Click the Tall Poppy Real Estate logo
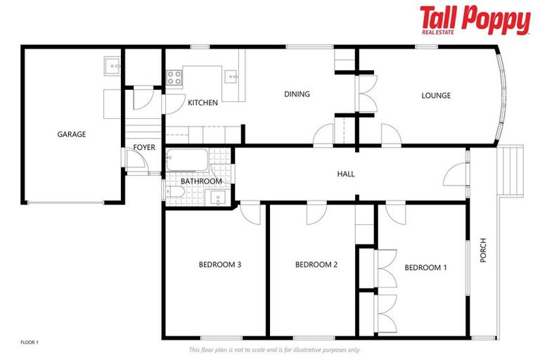pyautogui.click(x=475, y=20)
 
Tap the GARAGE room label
pyautogui.click(x=71, y=134)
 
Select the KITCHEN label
pyautogui.click(x=202, y=103)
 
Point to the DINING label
pyautogui.click(x=297, y=94)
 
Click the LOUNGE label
pyautogui.click(x=436, y=96)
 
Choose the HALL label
pyautogui.click(x=346, y=174)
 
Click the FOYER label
pyautogui.click(x=144, y=148)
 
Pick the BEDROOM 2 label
pyautogui.click(x=316, y=265)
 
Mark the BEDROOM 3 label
pyautogui.click(x=220, y=265)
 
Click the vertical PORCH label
pyautogui.click(x=483, y=250)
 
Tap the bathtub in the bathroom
pyautogui.click(x=188, y=162)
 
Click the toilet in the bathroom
pyautogui.click(x=176, y=190)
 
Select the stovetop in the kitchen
pyautogui.click(x=174, y=77)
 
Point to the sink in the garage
pyautogui.click(x=112, y=66)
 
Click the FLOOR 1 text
pyautogui.click(x=30, y=342)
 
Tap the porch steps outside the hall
pyautogui.click(x=511, y=171)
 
